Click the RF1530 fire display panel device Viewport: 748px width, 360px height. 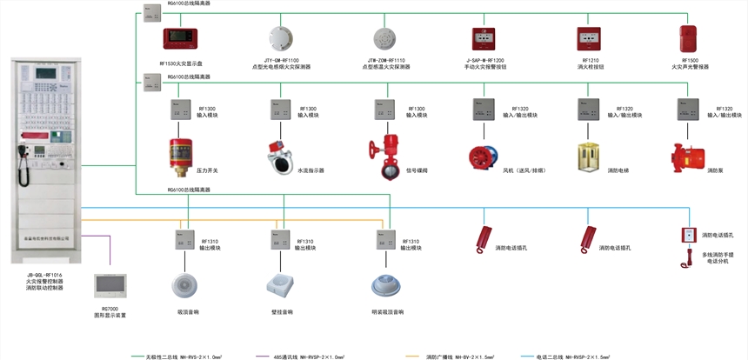click(x=181, y=39)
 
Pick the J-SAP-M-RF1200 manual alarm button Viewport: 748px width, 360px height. click(x=484, y=39)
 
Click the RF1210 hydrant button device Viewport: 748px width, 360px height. click(x=589, y=39)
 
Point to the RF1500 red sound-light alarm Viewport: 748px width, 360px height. click(x=690, y=39)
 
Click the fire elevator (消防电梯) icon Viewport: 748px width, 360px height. click(x=589, y=157)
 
